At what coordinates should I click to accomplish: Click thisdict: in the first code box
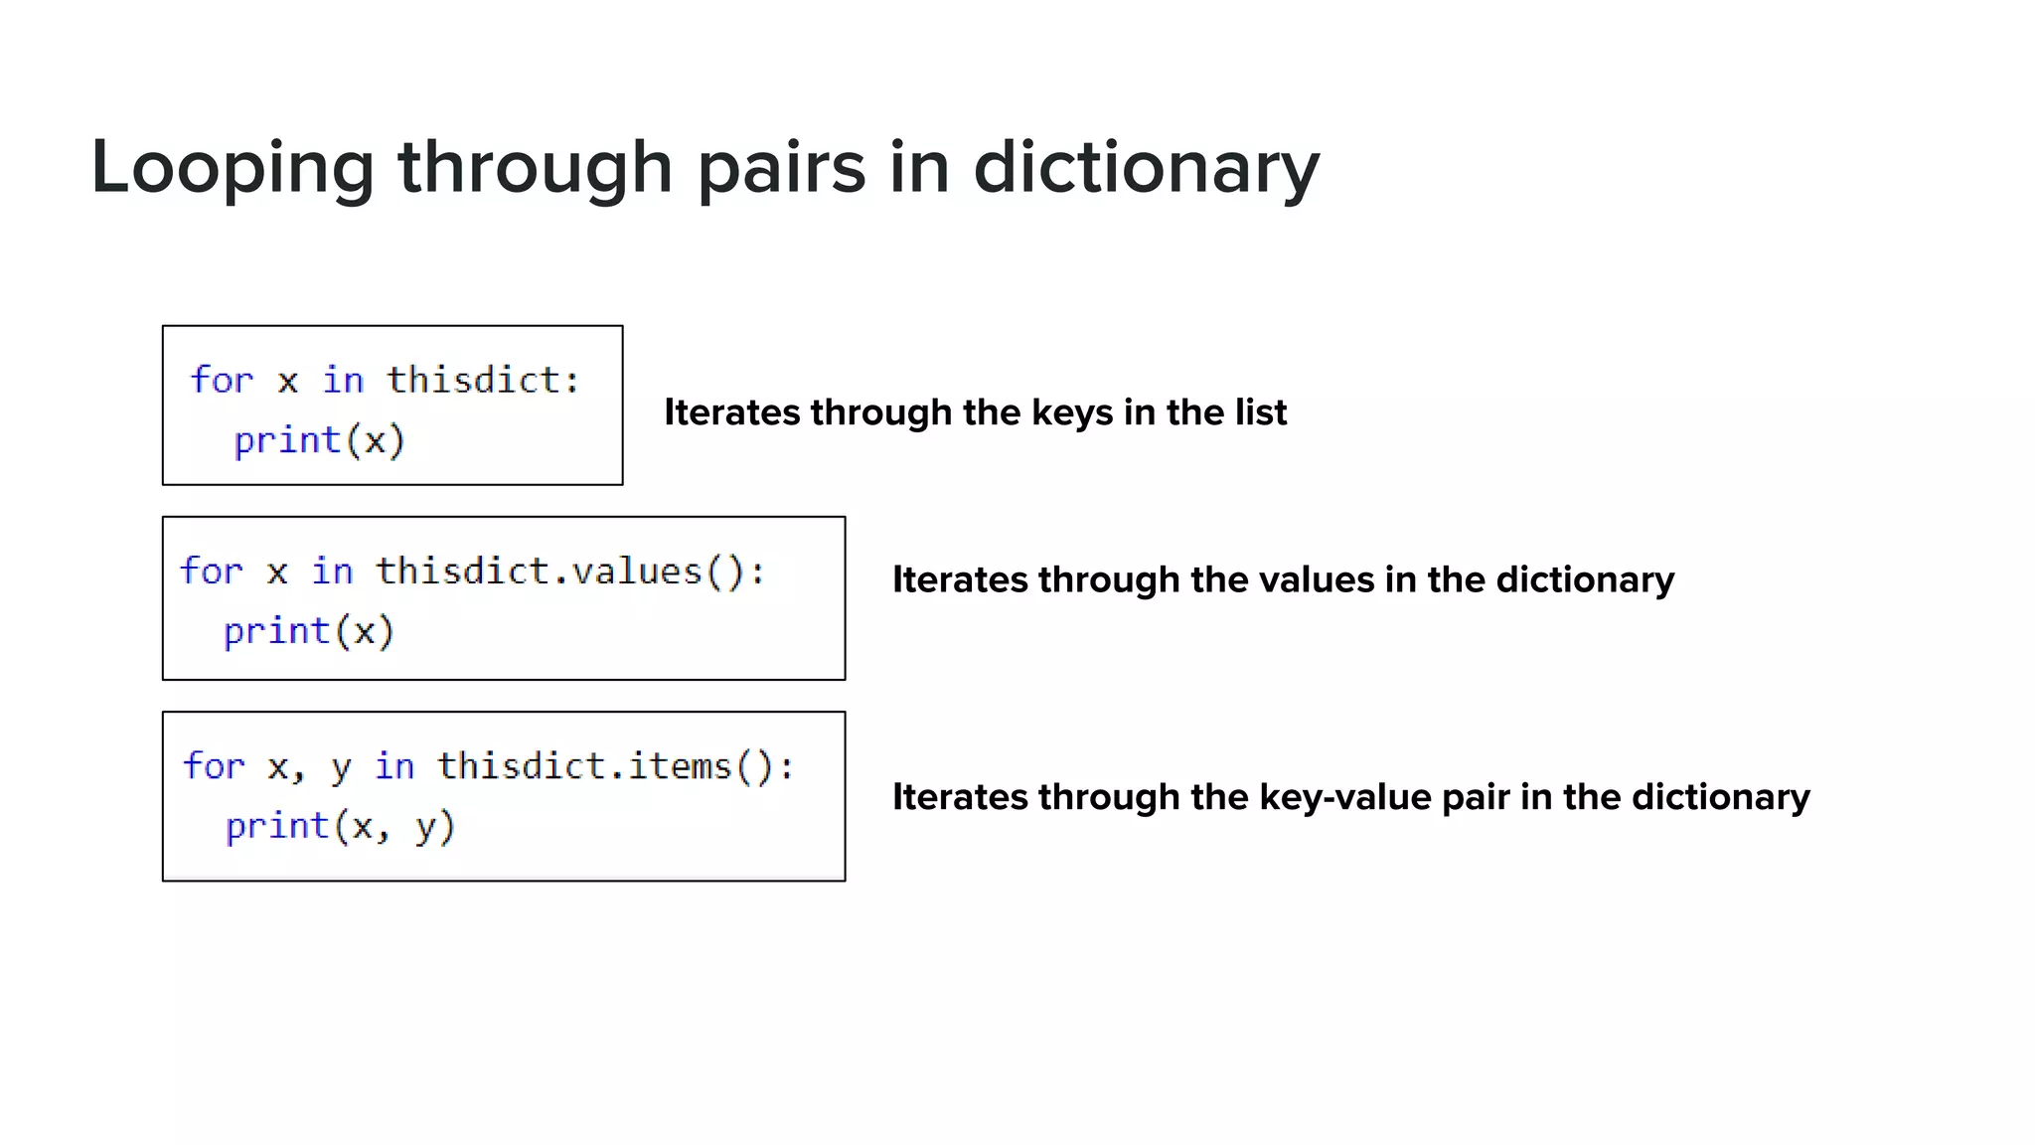(483, 380)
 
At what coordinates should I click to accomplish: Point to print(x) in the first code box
(319, 439)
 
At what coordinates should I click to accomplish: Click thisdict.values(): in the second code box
(570, 572)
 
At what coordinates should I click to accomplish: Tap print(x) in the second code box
(308, 631)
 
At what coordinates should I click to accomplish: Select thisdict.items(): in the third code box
(616, 766)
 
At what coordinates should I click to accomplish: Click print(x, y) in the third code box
(340, 826)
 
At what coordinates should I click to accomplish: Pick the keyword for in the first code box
(222, 380)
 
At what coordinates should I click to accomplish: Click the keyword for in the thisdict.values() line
(211, 572)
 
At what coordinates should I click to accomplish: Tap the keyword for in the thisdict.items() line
(214, 766)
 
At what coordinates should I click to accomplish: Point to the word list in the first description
(1261, 412)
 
